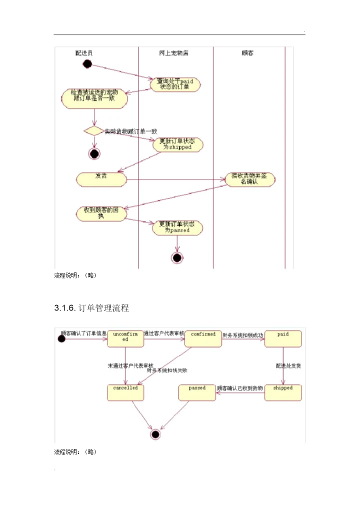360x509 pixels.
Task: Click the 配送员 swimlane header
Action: pos(83,52)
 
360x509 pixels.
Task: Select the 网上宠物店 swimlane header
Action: pos(172,52)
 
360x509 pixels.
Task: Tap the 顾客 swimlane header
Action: pos(247,52)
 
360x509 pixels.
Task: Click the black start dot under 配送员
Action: pos(87,63)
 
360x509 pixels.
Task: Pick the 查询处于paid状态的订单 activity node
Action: pos(175,84)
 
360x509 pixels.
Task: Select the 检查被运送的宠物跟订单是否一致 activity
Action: pos(94,97)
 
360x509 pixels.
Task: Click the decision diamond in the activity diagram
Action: pos(93,131)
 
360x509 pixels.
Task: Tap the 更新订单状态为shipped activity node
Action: pos(177,144)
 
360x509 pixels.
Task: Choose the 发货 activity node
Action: pos(101,178)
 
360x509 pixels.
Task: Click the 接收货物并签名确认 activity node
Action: pos(249,179)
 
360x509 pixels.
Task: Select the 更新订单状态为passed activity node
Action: pos(177,227)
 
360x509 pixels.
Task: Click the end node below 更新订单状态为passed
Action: pos(177,257)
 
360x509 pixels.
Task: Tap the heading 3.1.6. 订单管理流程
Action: pos(91,308)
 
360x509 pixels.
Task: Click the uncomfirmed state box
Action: pos(125,338)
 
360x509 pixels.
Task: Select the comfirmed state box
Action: pos(203,338)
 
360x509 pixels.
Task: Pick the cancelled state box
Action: pos(125,392)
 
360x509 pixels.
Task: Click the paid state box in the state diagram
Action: pos(283,338)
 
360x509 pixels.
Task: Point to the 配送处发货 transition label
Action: pos(288,366)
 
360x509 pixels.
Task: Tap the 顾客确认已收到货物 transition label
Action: pos(239,388)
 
